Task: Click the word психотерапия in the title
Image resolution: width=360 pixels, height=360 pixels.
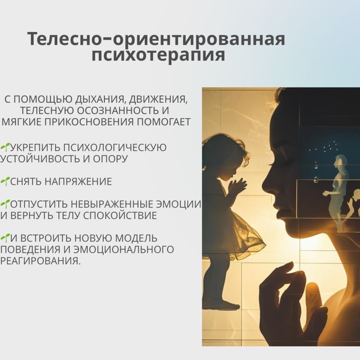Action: click(x=158, y=55)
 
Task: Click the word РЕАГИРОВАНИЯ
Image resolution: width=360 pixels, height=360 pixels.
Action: click(x=40, y=261)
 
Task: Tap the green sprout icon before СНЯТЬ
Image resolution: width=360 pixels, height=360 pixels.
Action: click(x=5, y=181)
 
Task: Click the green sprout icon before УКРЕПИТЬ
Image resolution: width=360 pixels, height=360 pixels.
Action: click(x=5, y=147)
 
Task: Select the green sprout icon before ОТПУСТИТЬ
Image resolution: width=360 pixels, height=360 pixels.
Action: click(x=5, y=204)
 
